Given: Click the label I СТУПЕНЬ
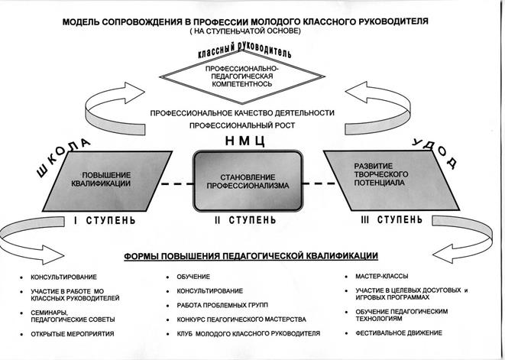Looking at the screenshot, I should pos(105,221).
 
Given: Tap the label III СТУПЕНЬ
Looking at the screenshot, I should pos(385,221).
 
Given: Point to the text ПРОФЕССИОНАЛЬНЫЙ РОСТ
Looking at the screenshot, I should pos(242,124).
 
